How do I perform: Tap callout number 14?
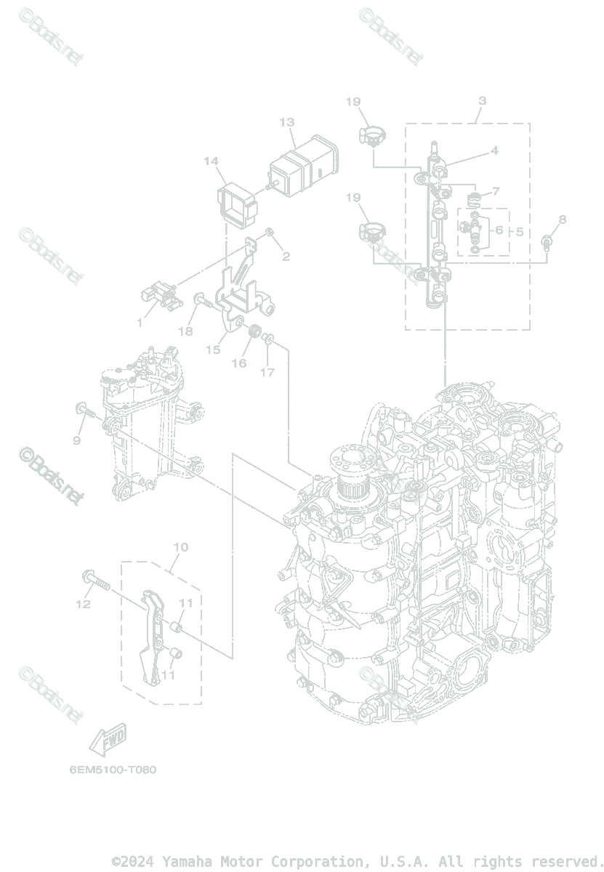tap(212, 161)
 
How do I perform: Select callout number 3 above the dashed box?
tap(483, 101)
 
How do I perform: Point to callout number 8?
tap(563, 219)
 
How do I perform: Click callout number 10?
tap(181, 546)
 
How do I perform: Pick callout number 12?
tap(84, 604)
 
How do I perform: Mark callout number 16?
tap(239, 363)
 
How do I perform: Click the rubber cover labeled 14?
tap(237, 203)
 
